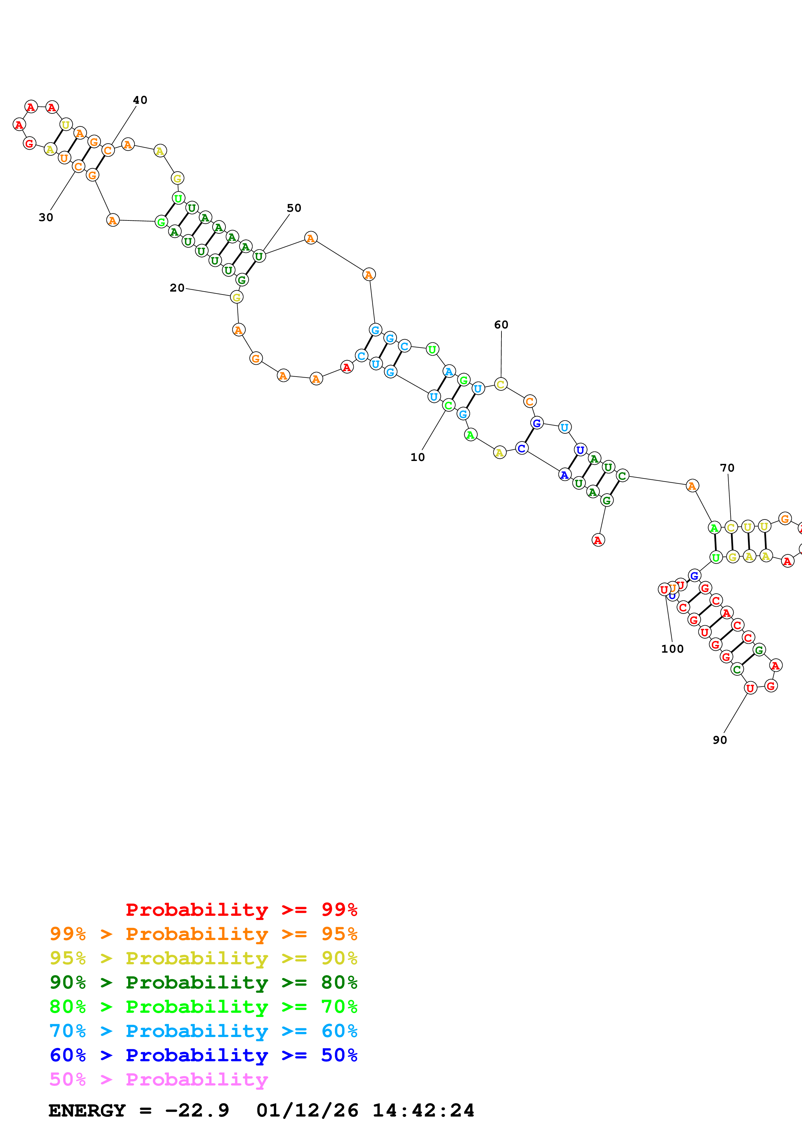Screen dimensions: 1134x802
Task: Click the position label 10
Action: coord(418,457)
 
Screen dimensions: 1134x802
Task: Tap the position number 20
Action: coord(177,288)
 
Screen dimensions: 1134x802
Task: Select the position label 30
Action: coord(46,217)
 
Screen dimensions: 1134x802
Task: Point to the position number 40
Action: coord(140,100)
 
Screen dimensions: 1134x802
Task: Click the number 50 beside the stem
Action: coord(294,208)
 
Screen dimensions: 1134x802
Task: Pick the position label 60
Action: coord(501,325)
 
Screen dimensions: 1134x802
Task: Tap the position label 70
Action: coord(727,468)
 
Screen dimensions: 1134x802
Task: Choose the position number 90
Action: coord(720,740)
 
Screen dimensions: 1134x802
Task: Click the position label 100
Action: coord(672,649)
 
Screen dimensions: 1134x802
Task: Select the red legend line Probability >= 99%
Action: coord(242,909)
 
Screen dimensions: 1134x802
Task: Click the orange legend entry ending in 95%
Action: coord(203,934)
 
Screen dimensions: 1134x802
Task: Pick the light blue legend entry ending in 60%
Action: coord(203,1031)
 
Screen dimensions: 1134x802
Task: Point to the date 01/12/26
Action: coord(307,1110)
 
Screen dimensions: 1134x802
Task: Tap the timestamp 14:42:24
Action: coord(423,1110)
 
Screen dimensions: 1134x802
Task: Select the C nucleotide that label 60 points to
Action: coord(500,384)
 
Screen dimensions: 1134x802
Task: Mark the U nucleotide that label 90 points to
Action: coord(750,688)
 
